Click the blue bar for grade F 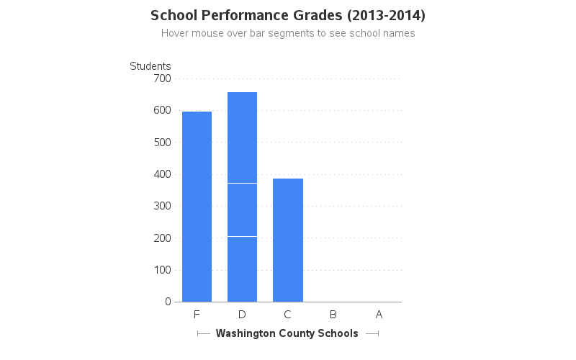click(x=197, y=207)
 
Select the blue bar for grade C click(x=288, y=240)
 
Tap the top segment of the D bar click(x=242, y=138)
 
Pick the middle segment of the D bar click(x=242, y=210)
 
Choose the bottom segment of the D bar click(x=242, y=269)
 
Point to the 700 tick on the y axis click(x=162, y=78)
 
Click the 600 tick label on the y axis click(x=162, y=110)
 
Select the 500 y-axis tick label click(x=162, y=142)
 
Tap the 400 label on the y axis click(x=162, y=174)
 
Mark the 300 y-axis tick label click(x=162, y=206)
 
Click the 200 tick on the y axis click(x=162, y=238)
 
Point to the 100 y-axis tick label click(x=162, y=270)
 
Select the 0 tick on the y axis click(x=167, y=302)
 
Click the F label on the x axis click(x=197, y=315)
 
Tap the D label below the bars click(x=242, y=315)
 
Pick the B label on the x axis click(x=333, y=315)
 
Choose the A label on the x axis click(x=379, y=315)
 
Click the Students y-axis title click(x=150, y=66)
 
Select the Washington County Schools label click(x=287, y=333)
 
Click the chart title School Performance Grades click(x=288, y=15)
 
